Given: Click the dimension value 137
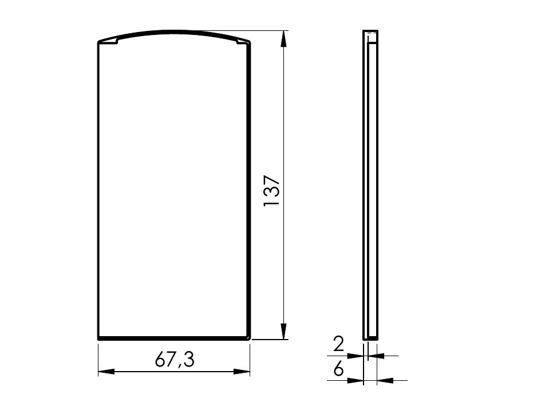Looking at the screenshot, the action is coord(271,191).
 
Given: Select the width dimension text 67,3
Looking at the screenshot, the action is coord(175,360).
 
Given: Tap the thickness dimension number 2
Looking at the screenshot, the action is coord(339,344).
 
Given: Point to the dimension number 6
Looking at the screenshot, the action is coord(339,369).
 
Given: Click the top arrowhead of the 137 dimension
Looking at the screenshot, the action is coord(283,38).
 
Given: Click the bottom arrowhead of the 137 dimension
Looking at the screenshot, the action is coord(283,332).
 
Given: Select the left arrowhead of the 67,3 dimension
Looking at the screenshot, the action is coord(106,372).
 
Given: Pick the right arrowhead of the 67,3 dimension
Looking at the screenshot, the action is coord(242,372).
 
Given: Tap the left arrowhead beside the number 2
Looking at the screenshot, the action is coord(356,355).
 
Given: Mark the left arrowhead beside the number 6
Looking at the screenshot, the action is coord(356,380).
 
